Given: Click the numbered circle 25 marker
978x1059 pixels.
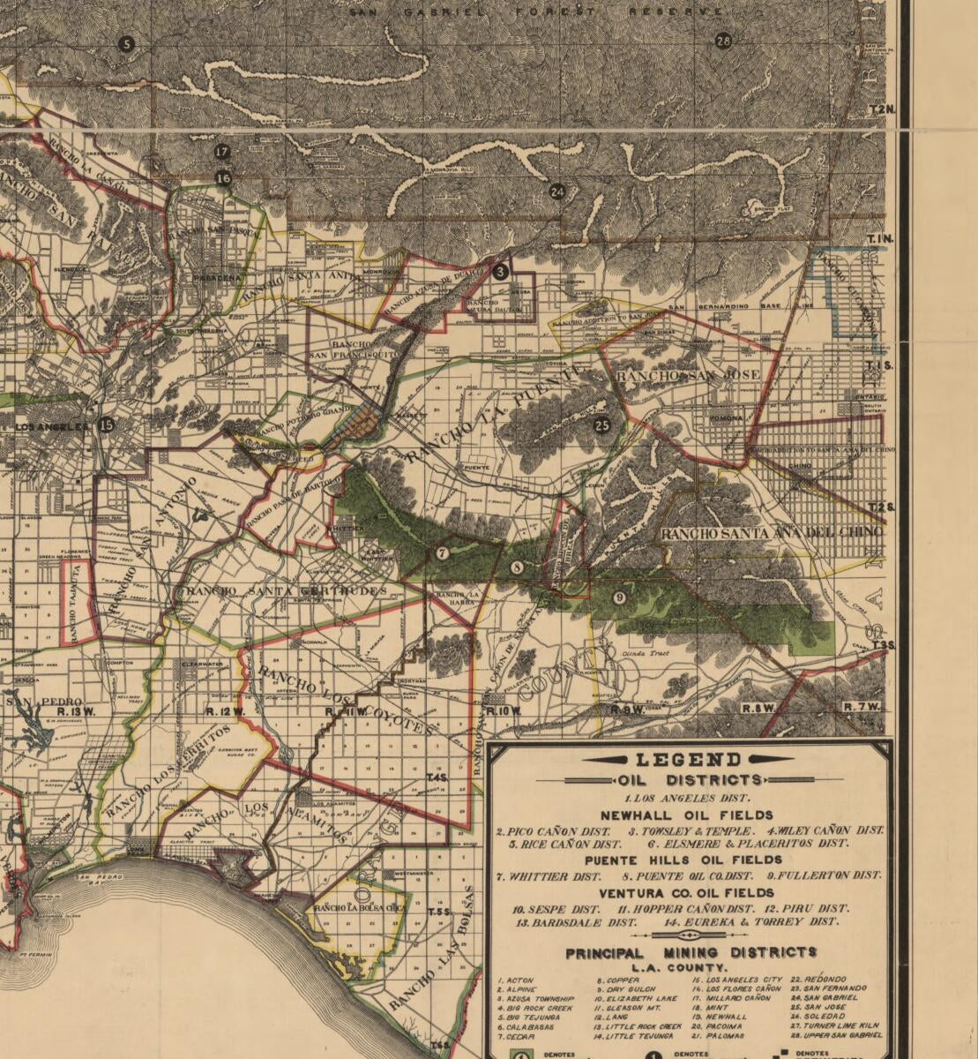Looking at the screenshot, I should [x=601, y=424].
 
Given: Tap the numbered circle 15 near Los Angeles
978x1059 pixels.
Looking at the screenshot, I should [x=107, y=424].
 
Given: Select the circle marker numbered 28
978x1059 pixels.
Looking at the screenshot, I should [x=723, y=41].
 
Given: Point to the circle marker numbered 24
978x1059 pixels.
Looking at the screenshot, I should [x=556, y=192].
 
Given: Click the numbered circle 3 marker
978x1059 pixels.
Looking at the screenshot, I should [x=501, y=272].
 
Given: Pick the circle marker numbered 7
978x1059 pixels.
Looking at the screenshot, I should [x=442, y=553].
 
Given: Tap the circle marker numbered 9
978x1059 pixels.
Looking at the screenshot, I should [x=619, y=597].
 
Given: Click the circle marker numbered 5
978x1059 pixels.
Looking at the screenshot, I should [x=126, y=44].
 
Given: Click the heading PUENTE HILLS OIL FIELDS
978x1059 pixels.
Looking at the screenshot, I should [x=683, y=860].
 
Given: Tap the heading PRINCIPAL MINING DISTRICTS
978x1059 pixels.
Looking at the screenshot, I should [x=691, y=953].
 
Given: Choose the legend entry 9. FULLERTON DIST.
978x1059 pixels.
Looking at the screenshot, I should [x=823, y=875].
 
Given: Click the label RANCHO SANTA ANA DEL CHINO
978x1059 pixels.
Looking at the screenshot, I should [x=771, y=533].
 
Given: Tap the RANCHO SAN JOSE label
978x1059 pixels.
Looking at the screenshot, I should [x=688, y=376].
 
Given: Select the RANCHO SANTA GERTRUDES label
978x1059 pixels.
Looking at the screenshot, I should [x=282, y=590].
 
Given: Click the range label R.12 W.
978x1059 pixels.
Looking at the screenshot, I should [x=223, y=710].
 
